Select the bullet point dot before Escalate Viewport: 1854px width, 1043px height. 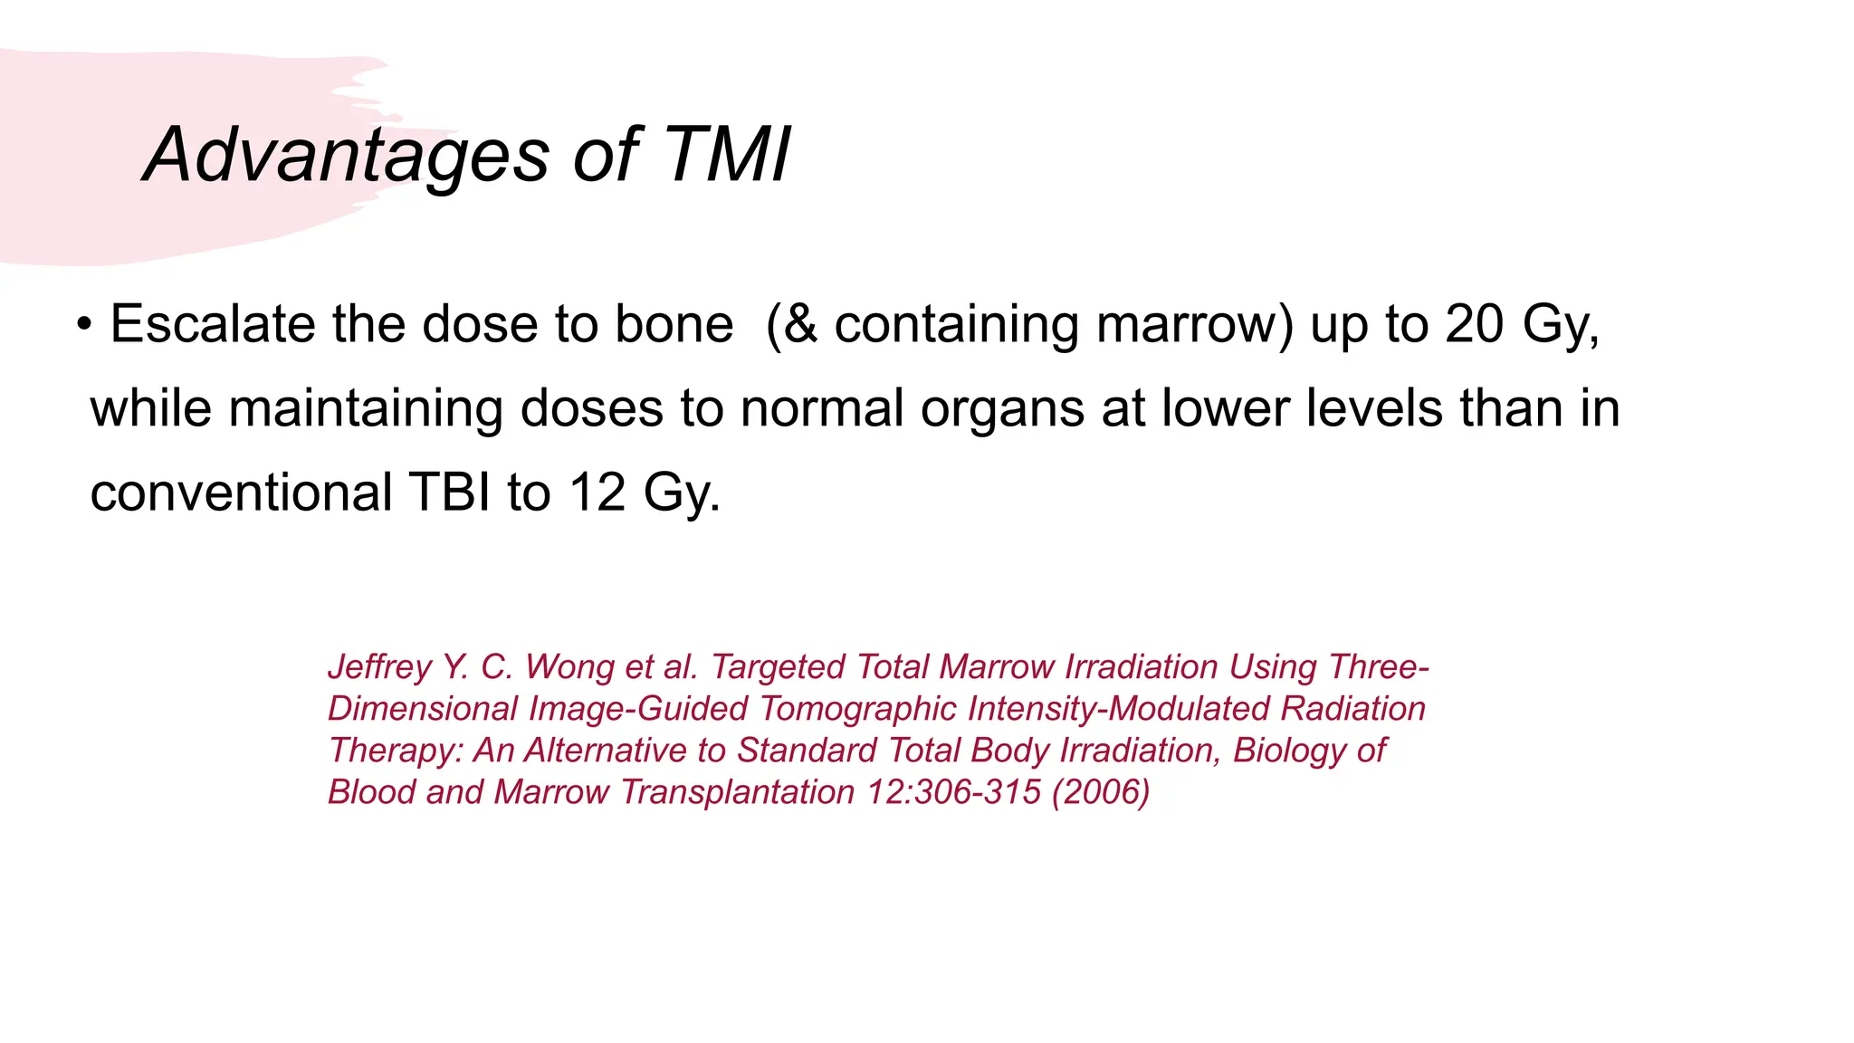click(x=84, y=324)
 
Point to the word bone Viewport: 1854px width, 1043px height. click(x=674, y=324)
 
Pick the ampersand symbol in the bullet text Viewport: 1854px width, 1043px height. click(x=800, y=324)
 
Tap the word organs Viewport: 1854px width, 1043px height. click(x=1002, y=408)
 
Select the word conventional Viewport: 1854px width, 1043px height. click(x=241, y=493)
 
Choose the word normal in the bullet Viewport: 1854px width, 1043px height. click(x=822, y=408)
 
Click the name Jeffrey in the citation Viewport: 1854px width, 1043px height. click(x=379, y=667)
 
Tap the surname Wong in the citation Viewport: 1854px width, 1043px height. click(x=568, y=667)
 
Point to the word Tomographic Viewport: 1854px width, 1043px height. click(x=858, y=709)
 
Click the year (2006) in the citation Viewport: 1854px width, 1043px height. click(x=1101, y=792)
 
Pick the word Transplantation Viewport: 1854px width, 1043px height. click(x=738, y=792)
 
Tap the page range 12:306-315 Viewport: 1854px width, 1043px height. click(x=954, y=792)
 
